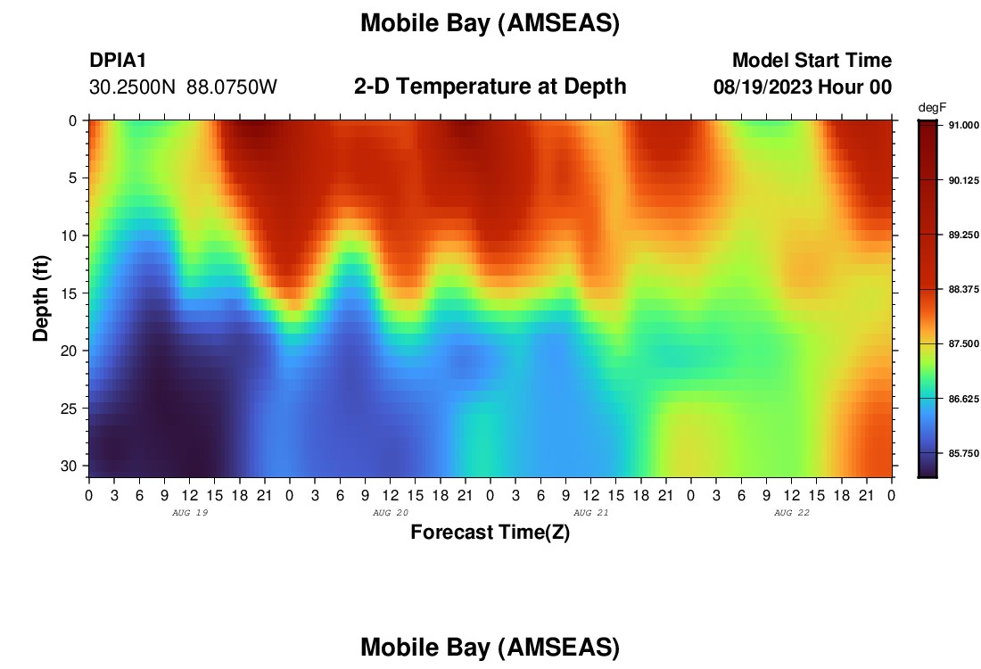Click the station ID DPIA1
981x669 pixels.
pyautogui.click(x=118, y=60)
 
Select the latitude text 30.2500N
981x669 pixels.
pyautogui.click(x=133, y=87)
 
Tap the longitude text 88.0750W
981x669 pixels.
pyautogui.click(x=232, y=87)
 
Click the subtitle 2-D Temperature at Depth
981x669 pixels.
pyautogui.click(x=490, y=87)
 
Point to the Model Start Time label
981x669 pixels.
pyautogui.click(x=812, y=60)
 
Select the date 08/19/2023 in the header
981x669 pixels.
pyautogui.click(x=763, y=87)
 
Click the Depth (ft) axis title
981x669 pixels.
pyautogui.click(x=41, y=299)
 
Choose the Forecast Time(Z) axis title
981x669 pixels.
pyautogui.click(x=490, y=532)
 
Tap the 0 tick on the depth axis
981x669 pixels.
pyautogui.click(x=73, y=120)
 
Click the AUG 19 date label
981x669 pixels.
pyautogui.click(x=190, y=513)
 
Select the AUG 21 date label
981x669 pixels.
pyautogui.click(x=590, y=513)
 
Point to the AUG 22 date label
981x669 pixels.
pyautogui.click(x=791, y=513)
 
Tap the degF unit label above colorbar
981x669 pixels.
pyautogui.click(x=932, y=108)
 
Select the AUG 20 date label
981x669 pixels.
pyautogui.click(x=391, y=513)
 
